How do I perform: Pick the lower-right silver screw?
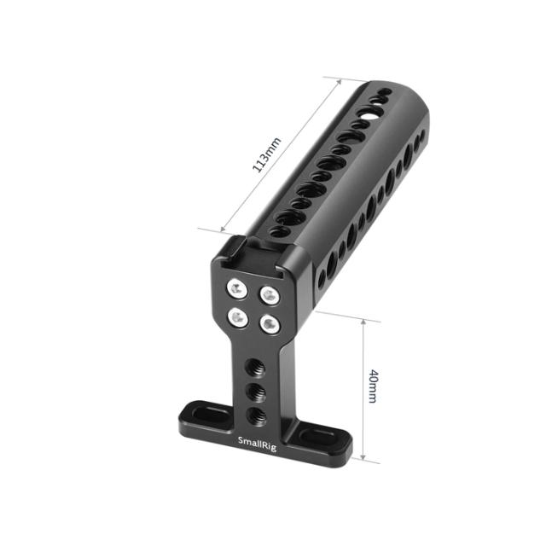pyautogui.click(x=269, y=325)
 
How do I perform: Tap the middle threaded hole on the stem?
pyautogui.click(x=252, y=392)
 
